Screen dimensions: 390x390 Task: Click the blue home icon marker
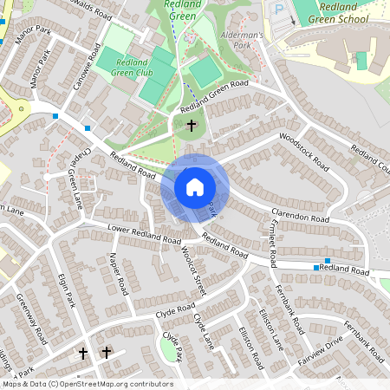point(195,186)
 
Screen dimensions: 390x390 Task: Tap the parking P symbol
point(279,10)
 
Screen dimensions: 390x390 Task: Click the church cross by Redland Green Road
point(192,127)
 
